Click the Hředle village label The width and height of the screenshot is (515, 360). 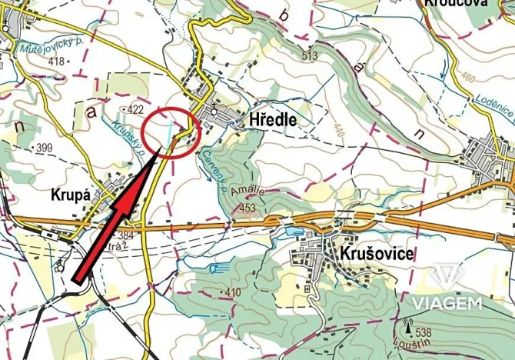coord(273,121)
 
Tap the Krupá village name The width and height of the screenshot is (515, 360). coord(71,195)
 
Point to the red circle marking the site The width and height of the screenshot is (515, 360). coord(172,132)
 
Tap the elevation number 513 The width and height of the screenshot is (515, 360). coord(310,56)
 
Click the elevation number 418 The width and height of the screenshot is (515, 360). coord(55,60)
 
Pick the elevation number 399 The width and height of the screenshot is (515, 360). coord(43,146)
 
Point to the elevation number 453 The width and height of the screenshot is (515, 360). coord(248,208)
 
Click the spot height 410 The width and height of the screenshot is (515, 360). coord(233,292)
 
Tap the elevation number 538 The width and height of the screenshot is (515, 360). coord(422,332)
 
